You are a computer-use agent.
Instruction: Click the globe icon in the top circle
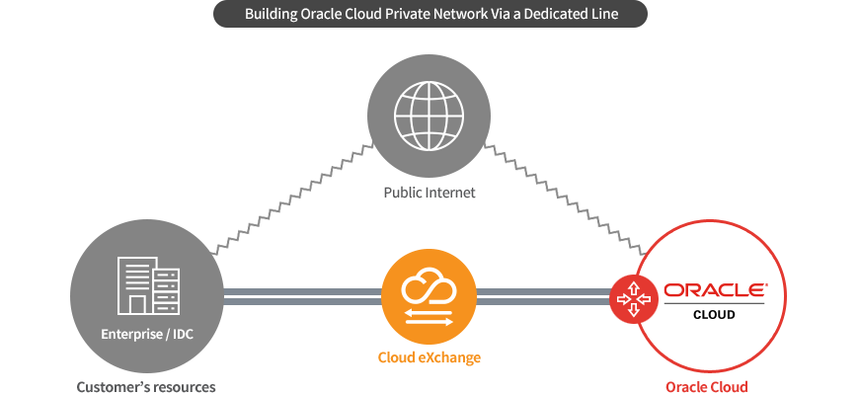click(429, 116)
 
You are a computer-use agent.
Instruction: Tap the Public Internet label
click(429, 193)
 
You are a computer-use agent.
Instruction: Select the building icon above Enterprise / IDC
click(148, 285)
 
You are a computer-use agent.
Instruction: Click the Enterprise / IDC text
click(147, 334)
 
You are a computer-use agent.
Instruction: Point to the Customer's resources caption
click(146, 387)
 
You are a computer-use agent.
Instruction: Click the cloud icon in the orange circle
click(429, 286)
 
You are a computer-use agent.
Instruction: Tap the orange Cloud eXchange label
click(429, 357)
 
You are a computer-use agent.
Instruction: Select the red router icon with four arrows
click(634, 298)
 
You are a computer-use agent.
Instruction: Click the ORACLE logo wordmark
click(715, 290)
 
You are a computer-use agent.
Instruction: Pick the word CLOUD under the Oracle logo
click(714, 315)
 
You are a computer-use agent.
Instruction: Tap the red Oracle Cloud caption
click(707, 387)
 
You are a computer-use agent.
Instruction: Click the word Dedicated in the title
click(556, 14)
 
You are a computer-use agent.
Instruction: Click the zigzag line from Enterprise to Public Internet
click(292, 199)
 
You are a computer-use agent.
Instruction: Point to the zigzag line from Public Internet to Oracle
click(566, 199)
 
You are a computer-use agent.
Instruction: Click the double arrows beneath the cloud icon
click(429, 317)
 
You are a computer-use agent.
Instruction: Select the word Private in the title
click(411, 14)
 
